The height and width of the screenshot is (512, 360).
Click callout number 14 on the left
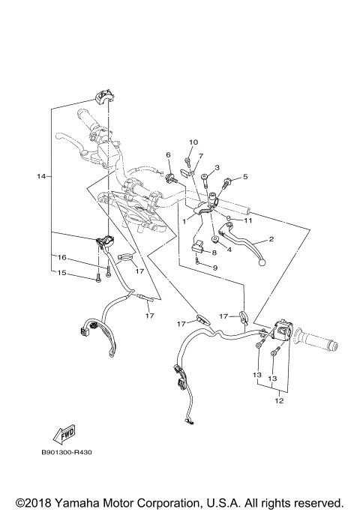(x=41, y=176)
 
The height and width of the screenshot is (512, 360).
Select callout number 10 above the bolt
(x=193, y=141)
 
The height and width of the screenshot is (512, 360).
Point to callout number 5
(x=244, y=177)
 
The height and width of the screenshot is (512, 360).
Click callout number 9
(x=214, y=268)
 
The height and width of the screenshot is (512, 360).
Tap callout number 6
(x=169, y=154)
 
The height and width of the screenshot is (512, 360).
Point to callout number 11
(x=248, y=220)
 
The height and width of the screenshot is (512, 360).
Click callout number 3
(x=216, y=168)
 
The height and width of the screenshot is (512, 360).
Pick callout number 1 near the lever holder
(x=184, y=222)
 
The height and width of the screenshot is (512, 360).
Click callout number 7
(x=201, y=156)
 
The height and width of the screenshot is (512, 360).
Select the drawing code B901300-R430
(x=72, y=453)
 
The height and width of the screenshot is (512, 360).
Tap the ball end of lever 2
(x=262, y=262)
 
